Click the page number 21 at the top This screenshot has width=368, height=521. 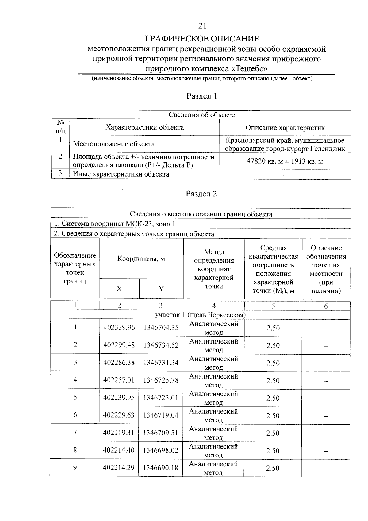tap(202, 26)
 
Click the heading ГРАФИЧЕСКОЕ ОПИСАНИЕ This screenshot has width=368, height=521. tap(202, 39)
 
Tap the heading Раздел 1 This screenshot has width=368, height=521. tap(202, 96)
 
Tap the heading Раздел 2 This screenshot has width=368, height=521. tap(201, 194)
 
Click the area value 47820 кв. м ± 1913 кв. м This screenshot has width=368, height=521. tap(285, 161)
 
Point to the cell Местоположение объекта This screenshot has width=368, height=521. tap(114, 144)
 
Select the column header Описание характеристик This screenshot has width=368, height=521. tap(285, 128)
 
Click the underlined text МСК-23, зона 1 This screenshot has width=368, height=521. tap(151, 224)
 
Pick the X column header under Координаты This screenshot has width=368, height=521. tap(119, 289)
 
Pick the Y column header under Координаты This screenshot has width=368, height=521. tap(161, 289)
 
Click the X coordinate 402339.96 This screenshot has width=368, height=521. tap(119, 328)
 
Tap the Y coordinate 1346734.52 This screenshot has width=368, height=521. tap(161, 345)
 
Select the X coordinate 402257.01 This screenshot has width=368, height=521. tap(119, 380)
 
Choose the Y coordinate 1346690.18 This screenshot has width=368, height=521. tap(161, 468)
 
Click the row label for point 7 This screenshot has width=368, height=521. tap(75, 432)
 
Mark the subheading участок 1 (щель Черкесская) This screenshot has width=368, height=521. tap(200, 315)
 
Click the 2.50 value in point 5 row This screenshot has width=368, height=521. tap(273, 398)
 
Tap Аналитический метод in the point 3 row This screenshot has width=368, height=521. tap(213, 363)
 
